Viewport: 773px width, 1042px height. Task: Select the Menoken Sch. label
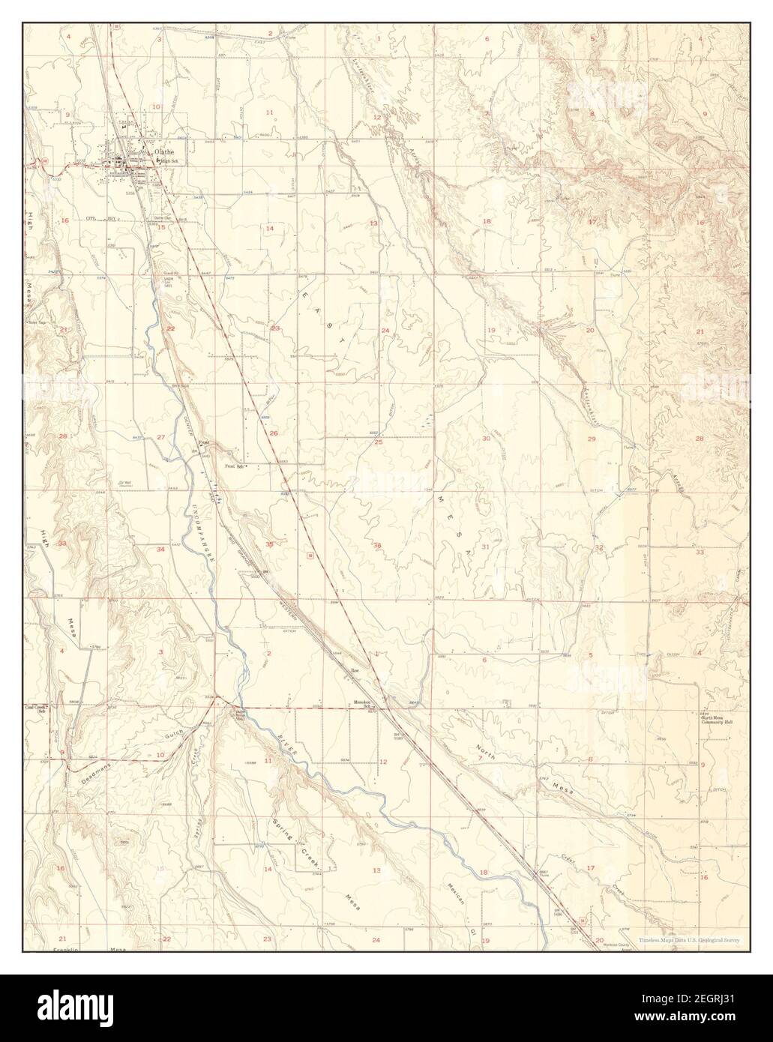point(364,704)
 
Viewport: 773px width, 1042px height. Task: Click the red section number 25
point(379,442)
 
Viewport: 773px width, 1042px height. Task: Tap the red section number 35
point(269,544)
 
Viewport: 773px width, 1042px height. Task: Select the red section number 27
point(160,437)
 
